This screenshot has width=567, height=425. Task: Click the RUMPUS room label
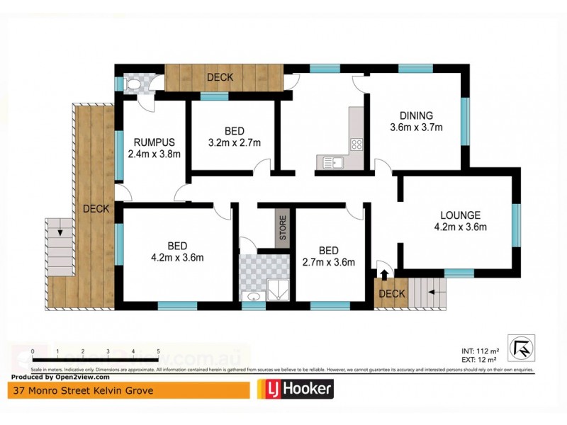tap(154, 141)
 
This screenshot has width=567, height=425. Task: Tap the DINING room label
tap(416, 116)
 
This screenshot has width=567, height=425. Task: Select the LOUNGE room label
tap(460, 215)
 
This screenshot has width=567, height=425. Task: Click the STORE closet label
tap(282, 227)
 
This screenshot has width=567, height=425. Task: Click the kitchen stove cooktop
tap(357, 144)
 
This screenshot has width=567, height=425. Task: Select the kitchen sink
tap(332, 163)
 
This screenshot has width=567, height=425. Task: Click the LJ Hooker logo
tap(293, 389)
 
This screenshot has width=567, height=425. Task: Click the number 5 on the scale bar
tap(157, 351)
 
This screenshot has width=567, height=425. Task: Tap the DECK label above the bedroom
tap(220, 77)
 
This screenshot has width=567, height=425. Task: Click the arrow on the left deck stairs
tap(60, 231)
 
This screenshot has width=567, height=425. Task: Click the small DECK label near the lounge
tap(392, 294)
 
